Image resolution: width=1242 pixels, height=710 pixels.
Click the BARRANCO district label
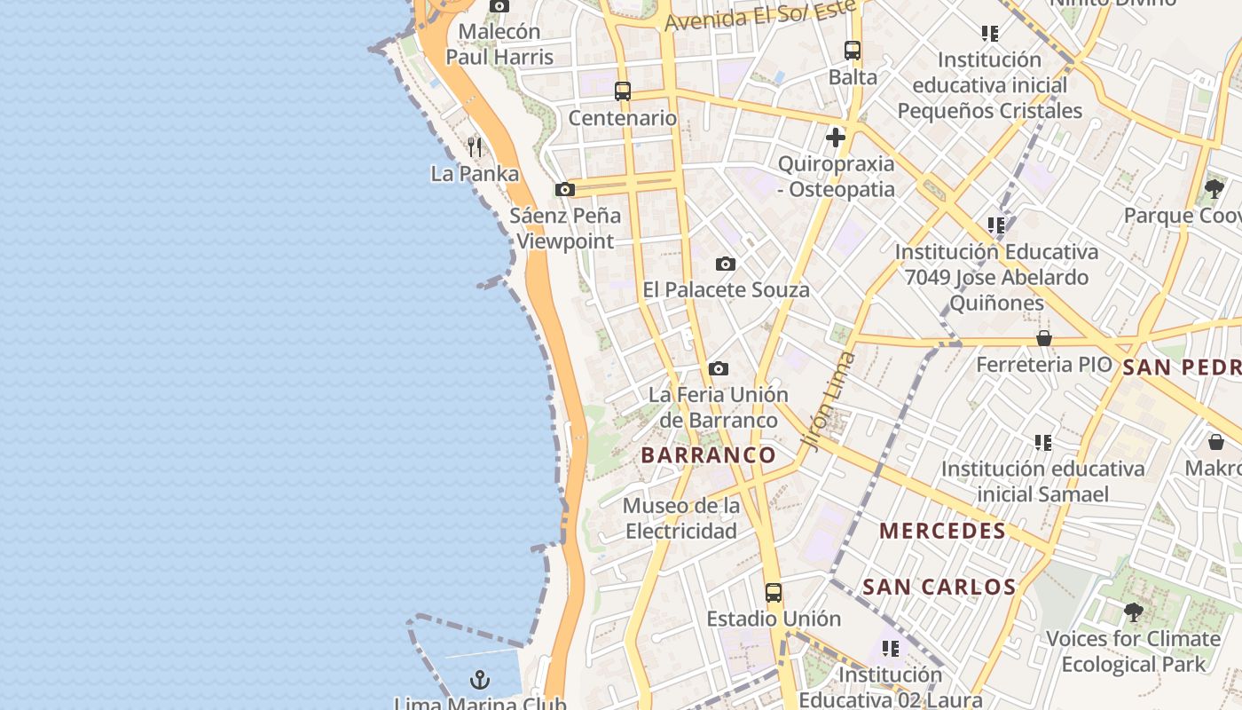708,455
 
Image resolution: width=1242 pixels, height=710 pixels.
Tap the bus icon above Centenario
623,91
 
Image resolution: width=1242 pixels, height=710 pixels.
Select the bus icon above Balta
853,51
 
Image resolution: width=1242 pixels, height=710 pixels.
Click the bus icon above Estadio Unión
774,593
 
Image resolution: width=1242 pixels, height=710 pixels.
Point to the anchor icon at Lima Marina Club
480,681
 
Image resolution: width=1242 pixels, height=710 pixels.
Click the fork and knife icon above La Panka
475,146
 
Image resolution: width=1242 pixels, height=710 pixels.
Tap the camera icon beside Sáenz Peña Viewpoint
564,189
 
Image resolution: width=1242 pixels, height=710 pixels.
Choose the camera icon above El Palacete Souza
726,264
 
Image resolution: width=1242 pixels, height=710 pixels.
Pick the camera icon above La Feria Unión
719,368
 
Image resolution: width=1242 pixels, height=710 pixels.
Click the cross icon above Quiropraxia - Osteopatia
835,138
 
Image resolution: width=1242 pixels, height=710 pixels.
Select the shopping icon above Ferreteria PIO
1044,338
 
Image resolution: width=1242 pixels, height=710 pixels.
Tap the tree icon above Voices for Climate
1133,611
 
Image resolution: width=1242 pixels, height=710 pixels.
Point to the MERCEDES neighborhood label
942,532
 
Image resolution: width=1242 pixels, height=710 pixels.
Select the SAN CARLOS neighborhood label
939,587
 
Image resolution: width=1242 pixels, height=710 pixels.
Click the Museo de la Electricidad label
681,518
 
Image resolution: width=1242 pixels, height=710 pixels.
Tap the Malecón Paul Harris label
499,44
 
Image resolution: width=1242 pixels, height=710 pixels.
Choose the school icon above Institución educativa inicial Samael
1043,442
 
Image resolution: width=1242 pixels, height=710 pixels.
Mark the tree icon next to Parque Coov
1214,188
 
